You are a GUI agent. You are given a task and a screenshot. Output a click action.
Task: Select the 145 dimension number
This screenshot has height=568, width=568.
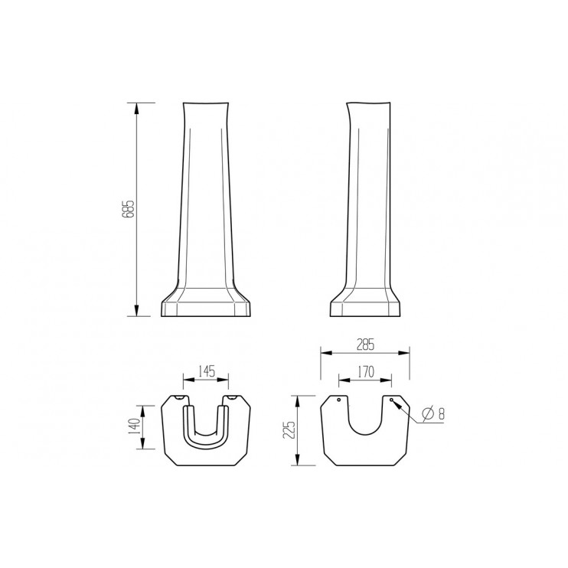pos(206,371)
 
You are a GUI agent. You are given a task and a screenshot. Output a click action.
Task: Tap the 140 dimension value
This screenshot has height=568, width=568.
pos(133,427)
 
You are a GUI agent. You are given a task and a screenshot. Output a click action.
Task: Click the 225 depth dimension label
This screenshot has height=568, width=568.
pos(288,430)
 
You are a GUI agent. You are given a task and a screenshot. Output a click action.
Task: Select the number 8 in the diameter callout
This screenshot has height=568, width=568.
pos(442,413)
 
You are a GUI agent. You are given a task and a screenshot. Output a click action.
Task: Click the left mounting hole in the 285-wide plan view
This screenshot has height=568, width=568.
pos(338,400)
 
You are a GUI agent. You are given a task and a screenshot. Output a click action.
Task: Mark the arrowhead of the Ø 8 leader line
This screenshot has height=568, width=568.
pos(395,403)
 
